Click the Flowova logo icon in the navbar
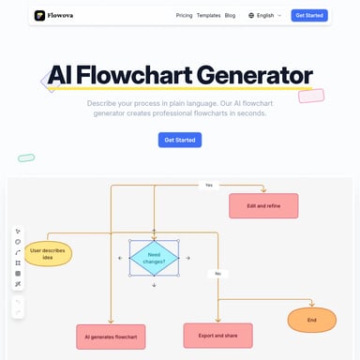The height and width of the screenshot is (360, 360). pyautogui.click(x=40, y=15)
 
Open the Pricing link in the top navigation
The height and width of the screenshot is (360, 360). pyautogui.click(x=185, y=16)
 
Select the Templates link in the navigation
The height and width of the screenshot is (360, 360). pyautogui.click(x=208, y=16)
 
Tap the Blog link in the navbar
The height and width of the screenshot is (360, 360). pyautogui.click(x=231, y=16)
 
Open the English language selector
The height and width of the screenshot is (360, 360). pyautogui.click(x=264, y=16)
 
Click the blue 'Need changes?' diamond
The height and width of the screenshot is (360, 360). pyautogui.click(x=155, y=258)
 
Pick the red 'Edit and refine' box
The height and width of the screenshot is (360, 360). pyautogui.click(x=263, y=205)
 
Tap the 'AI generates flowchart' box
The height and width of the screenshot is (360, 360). pyautogui.click(x=111, y=335)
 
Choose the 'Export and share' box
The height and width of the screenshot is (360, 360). pyautogui.click(x=217, y=334)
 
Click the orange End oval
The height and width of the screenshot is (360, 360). pyautogui.click(x=311, y=321)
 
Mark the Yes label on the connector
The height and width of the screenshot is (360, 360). pyautogui.click(x=208, y=185)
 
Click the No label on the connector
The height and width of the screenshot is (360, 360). pyautogui.click(x=217, y=273)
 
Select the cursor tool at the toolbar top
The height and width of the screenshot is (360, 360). pyautogui.click(x=18, y=231)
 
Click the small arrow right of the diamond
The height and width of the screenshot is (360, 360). pyautogui.click(x=190, y=258)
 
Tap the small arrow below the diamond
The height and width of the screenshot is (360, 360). pyautogui.click(x=155, y=286)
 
